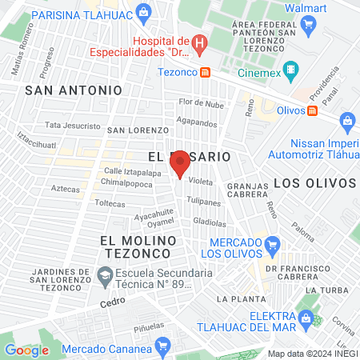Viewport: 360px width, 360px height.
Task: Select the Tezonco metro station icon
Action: click(x=206, y=72)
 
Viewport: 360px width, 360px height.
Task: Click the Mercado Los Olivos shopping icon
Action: click(x=272, y=244)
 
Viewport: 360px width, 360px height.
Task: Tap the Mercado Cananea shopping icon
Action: click(x=164, y=346)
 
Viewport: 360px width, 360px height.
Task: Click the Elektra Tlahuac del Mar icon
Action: click(x=306, y=318)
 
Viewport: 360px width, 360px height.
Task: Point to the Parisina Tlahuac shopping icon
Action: click(x=143, y=12)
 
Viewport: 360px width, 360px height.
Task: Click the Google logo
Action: click(x=26, y=350)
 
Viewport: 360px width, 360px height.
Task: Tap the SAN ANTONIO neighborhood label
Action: click(x=74, y=90)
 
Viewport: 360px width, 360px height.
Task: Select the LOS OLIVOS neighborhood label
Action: click(x=314, y=182)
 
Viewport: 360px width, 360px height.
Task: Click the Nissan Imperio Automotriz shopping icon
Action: click(x=347, y=122)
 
